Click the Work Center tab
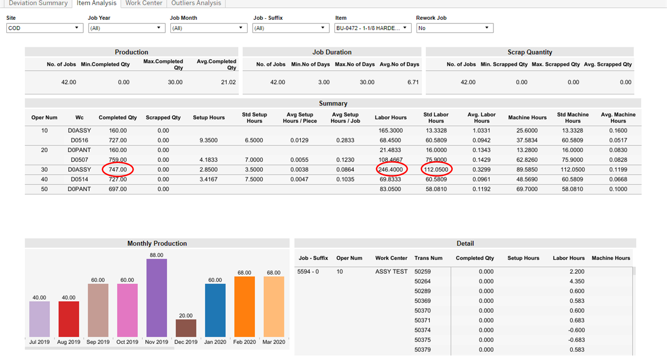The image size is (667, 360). pos(143,3)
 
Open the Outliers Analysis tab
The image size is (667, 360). pos(196,3)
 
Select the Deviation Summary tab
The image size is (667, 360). pos(38,3)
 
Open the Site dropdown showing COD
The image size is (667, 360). pos(44,28)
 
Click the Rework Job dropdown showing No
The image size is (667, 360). pos(454,28)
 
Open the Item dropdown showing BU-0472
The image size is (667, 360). pos(373,28)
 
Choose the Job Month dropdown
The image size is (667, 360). pos(208,28)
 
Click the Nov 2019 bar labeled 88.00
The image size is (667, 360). pos(156,297)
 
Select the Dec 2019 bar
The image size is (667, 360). pos(186,328)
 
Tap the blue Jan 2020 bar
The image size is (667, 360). pos(215,310)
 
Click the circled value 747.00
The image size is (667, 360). pos(118,169)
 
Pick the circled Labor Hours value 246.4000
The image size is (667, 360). pos(391,169)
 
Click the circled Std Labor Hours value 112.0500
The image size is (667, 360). pos(437,169)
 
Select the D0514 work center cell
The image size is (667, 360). pos(79,179)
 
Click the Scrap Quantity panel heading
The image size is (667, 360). pos(529,52)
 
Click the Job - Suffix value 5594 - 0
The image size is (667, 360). pos(308,271)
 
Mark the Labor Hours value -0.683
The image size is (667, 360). pos(575,340)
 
